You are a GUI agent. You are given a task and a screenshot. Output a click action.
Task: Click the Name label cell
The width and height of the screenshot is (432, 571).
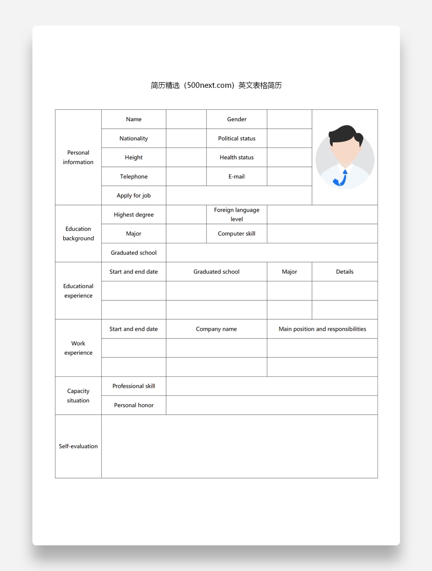(134, 119)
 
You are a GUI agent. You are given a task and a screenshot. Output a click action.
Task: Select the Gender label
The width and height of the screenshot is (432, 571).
(237, 119)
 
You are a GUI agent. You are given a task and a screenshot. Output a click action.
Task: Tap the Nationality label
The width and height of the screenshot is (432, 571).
(134, 138)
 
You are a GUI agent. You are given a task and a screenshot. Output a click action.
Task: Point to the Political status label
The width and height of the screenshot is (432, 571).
(237, 138)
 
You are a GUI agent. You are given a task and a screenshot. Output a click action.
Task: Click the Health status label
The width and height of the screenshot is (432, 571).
(237, 157)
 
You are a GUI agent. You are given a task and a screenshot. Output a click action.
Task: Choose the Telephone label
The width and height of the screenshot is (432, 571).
(134, 176)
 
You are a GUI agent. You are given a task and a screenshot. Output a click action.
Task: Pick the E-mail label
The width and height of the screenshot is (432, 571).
(237, 176)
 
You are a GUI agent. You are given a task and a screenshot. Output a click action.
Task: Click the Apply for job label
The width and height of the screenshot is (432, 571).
(134, 195)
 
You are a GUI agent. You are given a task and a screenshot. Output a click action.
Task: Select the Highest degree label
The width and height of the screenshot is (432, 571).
(134, 215)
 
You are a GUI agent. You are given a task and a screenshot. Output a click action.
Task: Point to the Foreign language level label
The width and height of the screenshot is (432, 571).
(237, 214)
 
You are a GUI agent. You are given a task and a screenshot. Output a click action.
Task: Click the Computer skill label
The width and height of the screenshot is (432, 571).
(237, 234)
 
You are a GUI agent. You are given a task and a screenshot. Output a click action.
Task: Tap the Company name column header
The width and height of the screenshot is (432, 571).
(216, 329)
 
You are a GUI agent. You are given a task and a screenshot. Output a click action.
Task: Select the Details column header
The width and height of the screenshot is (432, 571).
(345, 272)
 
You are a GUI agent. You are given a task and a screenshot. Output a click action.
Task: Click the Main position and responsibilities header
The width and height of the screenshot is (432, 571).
(322, 329)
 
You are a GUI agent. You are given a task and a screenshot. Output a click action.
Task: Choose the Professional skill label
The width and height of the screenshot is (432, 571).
(134, 386)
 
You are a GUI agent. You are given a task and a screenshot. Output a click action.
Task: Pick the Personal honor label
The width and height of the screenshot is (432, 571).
(134, 405)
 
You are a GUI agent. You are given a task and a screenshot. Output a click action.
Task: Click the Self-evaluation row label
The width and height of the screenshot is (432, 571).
(78, 446)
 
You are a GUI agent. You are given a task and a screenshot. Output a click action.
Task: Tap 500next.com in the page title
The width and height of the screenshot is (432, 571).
(211, 85)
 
